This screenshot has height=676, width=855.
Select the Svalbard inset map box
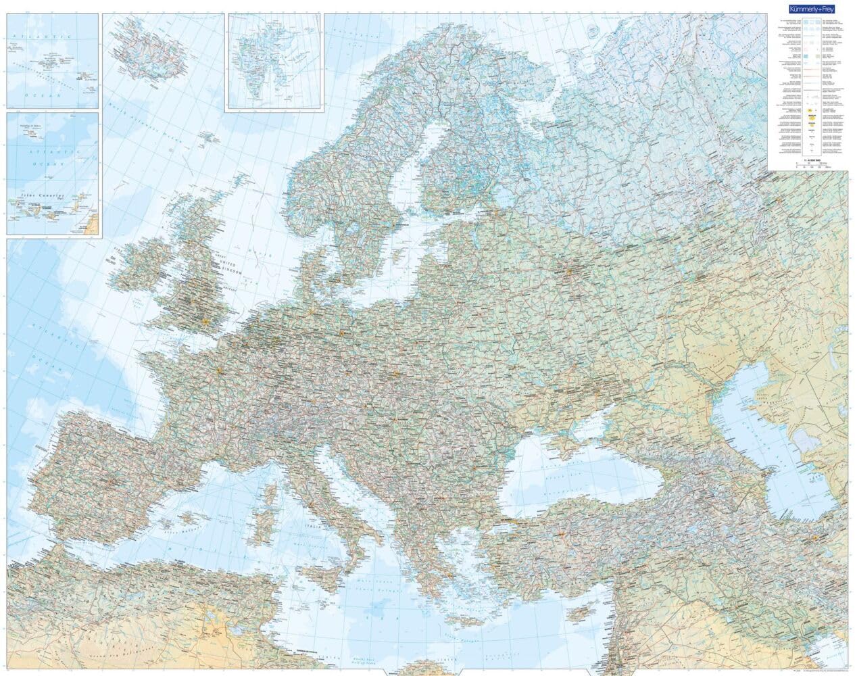[274, 61]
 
